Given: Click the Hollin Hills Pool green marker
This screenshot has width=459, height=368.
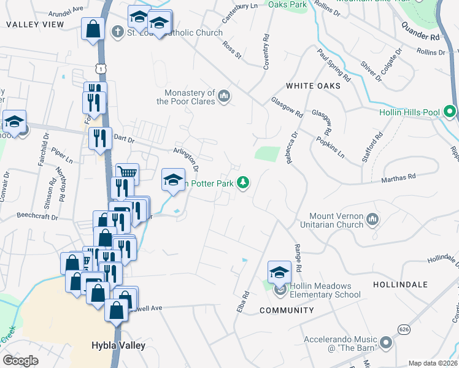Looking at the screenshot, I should (449, 112).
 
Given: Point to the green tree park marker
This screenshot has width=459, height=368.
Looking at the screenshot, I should (244, 182).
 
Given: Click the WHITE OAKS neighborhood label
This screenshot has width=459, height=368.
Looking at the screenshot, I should (313, 86).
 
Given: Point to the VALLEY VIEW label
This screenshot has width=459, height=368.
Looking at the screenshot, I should (35, 25).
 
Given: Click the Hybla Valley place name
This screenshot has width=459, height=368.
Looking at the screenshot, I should (118, 345).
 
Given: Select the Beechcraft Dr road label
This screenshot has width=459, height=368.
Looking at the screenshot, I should (37, 217).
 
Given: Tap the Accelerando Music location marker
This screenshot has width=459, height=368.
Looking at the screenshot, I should (385, 342).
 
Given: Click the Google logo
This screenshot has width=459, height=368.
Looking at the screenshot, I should (21, 361).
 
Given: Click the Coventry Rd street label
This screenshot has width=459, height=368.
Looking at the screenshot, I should (266, 55).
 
